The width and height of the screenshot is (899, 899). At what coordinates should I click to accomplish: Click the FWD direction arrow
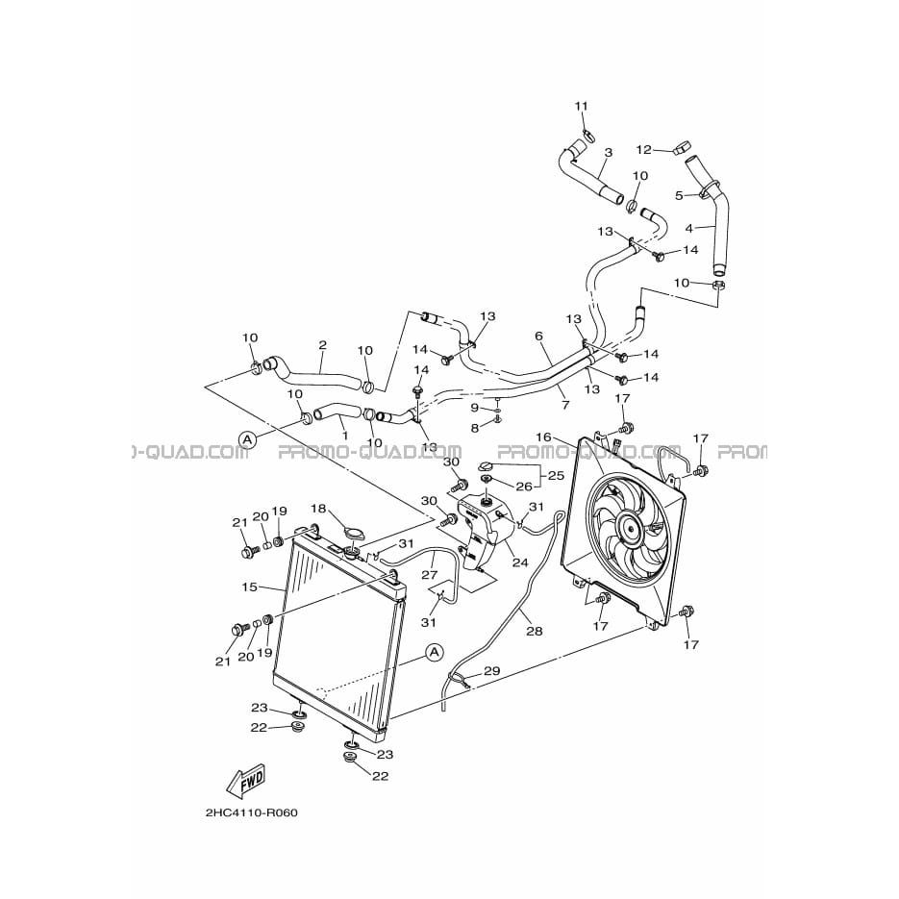(x=246, y=781)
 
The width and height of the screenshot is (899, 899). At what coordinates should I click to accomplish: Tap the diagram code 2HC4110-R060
(x=251, y=813)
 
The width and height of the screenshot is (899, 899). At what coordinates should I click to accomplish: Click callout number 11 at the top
(x=582, y=106)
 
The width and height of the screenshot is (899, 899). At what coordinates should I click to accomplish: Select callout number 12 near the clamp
(x=644, y=150)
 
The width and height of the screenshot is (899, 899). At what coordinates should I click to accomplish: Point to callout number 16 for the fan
(x=542, y=437)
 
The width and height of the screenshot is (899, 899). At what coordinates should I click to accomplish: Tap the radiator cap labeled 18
(x=356, y=534)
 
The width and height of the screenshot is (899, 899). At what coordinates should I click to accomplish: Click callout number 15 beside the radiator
(x=249, y=587)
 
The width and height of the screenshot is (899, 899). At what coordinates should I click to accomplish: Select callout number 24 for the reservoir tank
(x=520, y=562)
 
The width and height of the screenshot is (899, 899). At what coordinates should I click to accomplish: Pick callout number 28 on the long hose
(x=535, y=631)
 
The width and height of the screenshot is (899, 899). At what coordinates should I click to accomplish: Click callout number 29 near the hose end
(x=492, y=671)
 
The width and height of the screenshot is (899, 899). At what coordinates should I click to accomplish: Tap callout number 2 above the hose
(x=323, y=345)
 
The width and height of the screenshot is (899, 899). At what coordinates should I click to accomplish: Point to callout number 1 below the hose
(x=344, y=436)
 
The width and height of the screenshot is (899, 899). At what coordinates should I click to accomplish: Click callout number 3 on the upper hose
(x=609, y=153)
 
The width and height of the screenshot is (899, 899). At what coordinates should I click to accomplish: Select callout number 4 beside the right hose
(x=689, y=228)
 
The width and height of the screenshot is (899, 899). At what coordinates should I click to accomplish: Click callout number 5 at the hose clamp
(x=680, y=195)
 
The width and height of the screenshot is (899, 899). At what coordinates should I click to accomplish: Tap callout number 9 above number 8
(x=475, y=408)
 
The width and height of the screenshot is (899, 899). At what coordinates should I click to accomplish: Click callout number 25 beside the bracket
(x=556, y=475)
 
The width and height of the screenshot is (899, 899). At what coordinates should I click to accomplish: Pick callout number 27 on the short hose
(x=430, y=575)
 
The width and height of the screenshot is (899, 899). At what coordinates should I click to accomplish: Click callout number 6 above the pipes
(x=539, y=336)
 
